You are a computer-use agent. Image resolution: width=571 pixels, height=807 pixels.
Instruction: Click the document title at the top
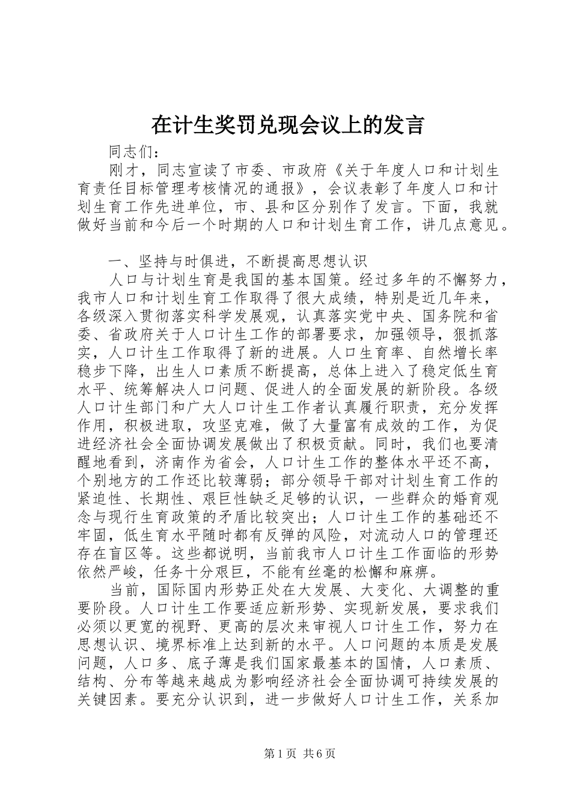pyautogui.click(x=288, y=124)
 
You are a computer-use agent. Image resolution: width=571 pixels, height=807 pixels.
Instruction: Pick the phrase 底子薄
pyautogui.click(x=209, y=664)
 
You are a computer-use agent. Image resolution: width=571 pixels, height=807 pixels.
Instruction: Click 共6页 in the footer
pyautogui.click(x=319, y=754)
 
